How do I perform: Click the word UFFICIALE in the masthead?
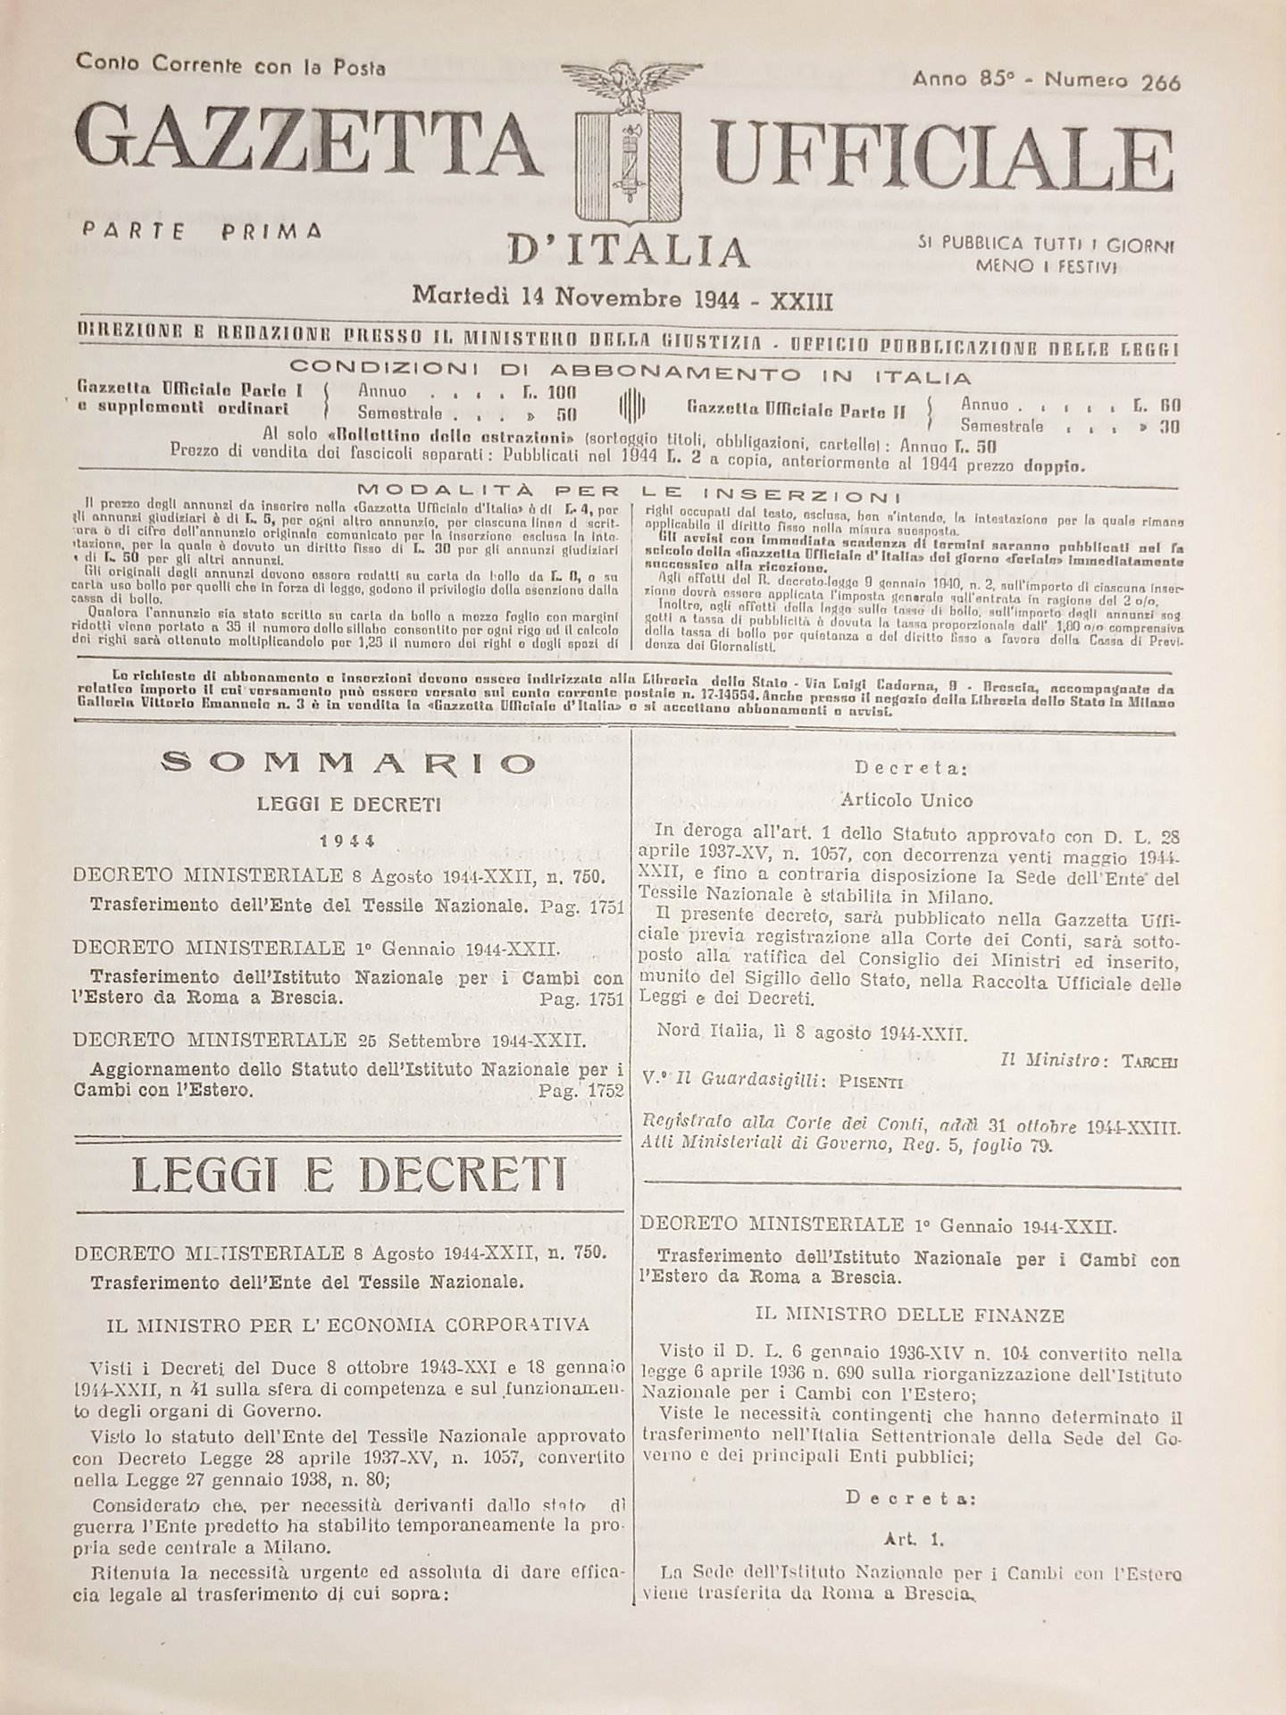coord(929,147)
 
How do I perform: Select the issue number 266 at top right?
coord(1160,82)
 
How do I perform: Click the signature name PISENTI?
coord(870,1082)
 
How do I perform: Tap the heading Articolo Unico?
coord(906,799)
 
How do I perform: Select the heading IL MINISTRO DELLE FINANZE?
coord(909,1315)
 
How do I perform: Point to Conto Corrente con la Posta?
coord(231,64)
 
